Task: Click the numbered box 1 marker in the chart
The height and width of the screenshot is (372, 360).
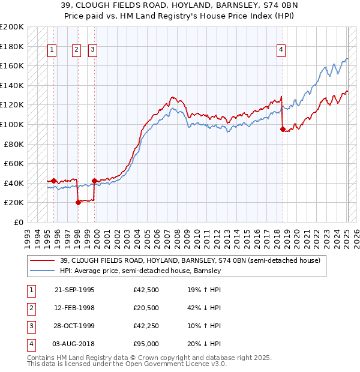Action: pyautogui.click(x=53, y=50)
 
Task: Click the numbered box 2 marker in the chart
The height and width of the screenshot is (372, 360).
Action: pyautogui.click(x=77, y=50)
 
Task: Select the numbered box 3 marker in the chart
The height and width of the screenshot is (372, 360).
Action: pyautogui.click(x=93, y=50)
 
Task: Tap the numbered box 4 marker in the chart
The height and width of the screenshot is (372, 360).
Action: pyautogui.click(x=281, y=50)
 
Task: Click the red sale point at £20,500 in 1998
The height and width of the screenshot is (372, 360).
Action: pyautogui.click(x=78, y=202)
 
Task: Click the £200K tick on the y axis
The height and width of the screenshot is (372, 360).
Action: pyautogui.click(x=12, y=27)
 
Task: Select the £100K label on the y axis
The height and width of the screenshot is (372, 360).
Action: pyautogui.click(x=12, y=124)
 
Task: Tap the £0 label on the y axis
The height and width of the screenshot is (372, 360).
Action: pyautogui.click(x=18, y=222)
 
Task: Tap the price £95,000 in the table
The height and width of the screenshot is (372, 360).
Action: pyautogui.click(x=146, y=344)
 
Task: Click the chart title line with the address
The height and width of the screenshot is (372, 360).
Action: pyautogui.click(x=180, y=7)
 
